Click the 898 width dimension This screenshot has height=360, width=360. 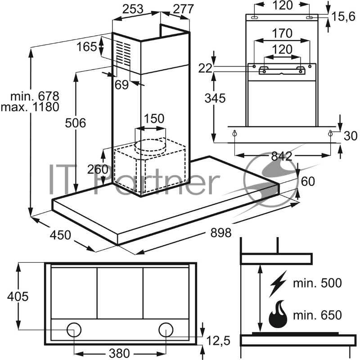click(x=221, y=233)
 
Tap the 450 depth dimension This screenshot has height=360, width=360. click(x=60, y=235)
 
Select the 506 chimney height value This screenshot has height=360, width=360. click(x=75, y=123)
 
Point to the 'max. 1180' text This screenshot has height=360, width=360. click(x=30, y=107)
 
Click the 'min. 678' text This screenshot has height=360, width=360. click(x=35, y=96)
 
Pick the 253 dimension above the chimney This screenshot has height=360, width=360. click(x=133, y=9)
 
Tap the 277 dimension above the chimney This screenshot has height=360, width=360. click(x=184, y=9)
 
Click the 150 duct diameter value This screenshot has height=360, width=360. click(x=154, y=119)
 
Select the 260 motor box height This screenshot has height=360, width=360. click(x=98, y=170)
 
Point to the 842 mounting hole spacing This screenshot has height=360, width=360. click(x=282, y=156)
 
